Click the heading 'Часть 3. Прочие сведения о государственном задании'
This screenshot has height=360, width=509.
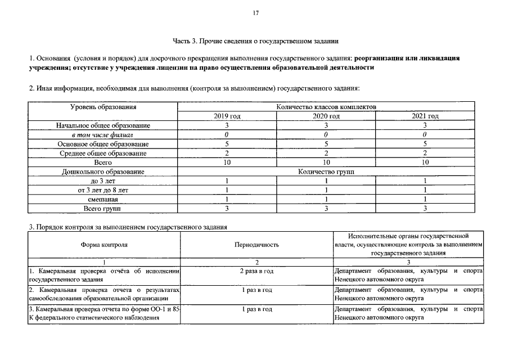[255, 40]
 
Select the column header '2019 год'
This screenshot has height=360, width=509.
[227, 116]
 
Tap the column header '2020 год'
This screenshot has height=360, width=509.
[326, 116]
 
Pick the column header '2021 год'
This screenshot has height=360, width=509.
[425, 116]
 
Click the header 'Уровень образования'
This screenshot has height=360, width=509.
[103, 107]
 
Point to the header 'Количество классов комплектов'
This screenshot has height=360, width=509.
[326, 106]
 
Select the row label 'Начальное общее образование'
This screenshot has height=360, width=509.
[103, 125]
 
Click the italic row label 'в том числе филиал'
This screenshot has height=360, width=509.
[103, 134]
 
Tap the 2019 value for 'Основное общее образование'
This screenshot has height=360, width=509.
[227, 144]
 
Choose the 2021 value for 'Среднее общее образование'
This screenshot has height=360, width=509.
[425, 153]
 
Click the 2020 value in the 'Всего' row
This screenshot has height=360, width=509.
[326, 162]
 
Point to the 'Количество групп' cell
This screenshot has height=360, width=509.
[326, 172]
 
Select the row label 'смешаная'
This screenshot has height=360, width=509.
[103, 199]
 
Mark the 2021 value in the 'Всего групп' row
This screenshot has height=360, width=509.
[425, 209]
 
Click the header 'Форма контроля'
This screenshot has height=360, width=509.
[105, 245]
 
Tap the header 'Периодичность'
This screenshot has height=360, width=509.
[256, 245]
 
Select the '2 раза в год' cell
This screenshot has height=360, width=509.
[256, 271]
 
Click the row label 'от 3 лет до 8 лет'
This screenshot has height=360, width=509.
[103, 190]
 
